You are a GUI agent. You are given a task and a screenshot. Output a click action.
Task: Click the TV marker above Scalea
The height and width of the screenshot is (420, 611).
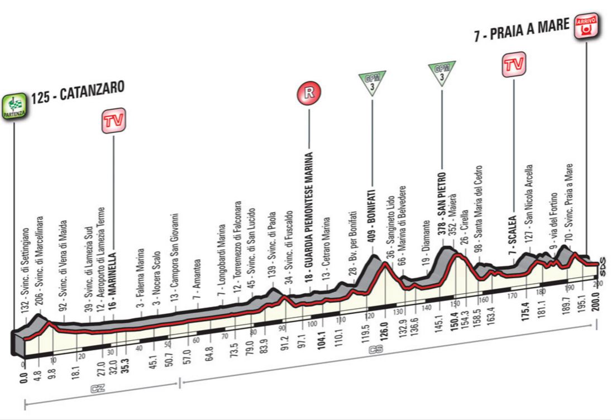[513, 65]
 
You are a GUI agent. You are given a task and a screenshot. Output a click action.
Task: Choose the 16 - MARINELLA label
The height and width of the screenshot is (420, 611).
[113, 251]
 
